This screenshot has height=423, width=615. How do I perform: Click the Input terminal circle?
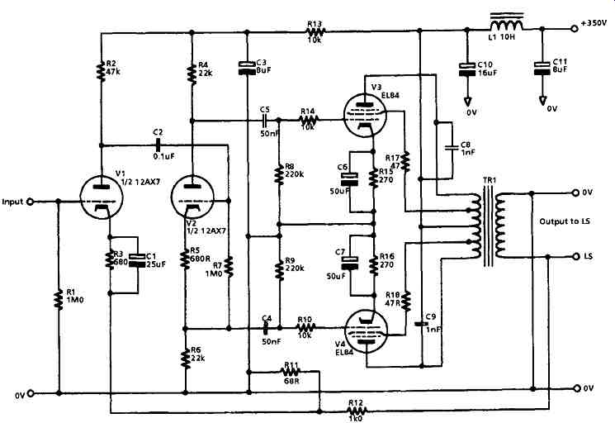pyautogui.click(x=30, y=202)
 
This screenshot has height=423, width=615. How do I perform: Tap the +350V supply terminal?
pyautogui.click(x=575, y=28)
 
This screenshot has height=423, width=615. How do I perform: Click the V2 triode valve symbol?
pyautogui.click(x=193, y=197)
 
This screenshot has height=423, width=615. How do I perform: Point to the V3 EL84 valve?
pyautogui.click(x=365, y=116)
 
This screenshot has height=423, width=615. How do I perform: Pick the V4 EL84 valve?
pyautogui.click(x=366, y=330)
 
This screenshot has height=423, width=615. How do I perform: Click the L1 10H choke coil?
pyautogui.click(x=506, y=23)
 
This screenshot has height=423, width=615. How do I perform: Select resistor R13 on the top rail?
pyautogui.click(x=315, y=31)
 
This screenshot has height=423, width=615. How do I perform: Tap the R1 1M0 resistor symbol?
pyautogui.click(x=59, y=299)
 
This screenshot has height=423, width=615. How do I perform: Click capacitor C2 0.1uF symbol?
pyautogui.click(x=158, y=145)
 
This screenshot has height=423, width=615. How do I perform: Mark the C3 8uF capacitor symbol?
pyautogui.click(x=247, y=68)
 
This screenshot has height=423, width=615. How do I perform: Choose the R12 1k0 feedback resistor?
pyautogui.click(x=357, y=411)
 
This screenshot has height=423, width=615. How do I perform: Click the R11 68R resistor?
pyautogui.click(x=291, y=371)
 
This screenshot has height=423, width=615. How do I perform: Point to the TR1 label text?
pyautogui.click(x=490, y=180)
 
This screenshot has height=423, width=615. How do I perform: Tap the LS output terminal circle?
pyautogui.click(x=575, y=257)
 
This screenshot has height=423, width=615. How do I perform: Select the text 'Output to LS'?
pyautogui.click(x=565, y=221)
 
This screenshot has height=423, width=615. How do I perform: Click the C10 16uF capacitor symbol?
pyautogui.click(x=466, y=69)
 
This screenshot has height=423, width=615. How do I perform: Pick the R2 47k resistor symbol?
pyautogui.click(x=102, y=70)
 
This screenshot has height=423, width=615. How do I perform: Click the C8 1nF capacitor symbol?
pyautogui.click(x=452, y=148)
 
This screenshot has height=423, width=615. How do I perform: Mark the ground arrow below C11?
pyautogui.click(x=542, y=101)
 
